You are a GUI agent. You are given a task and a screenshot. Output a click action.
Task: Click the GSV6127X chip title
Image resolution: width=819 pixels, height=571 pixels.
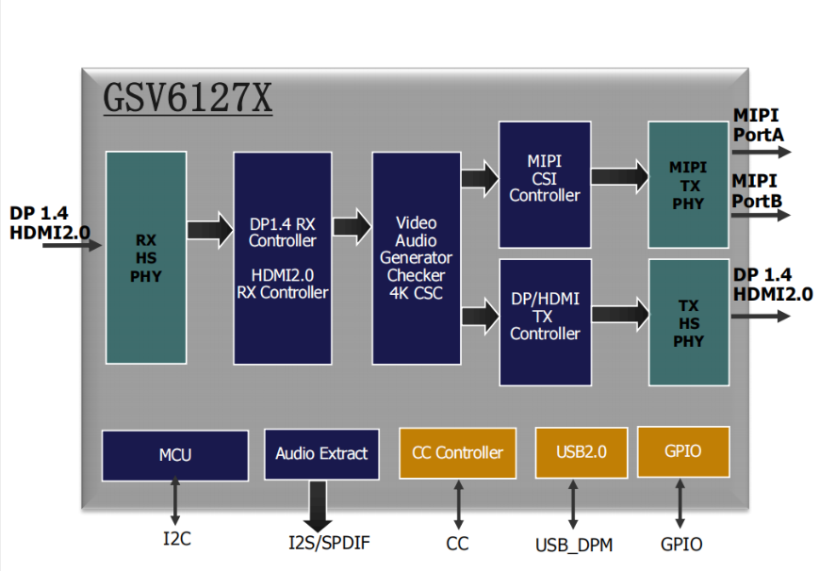point(188,98)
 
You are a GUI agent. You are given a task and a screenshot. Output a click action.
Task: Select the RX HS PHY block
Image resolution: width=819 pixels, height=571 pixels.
point(146,257)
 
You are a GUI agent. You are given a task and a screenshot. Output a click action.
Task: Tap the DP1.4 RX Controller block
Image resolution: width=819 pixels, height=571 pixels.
point(283,258)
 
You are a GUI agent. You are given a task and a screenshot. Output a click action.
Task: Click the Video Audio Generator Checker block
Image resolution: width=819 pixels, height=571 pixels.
point(417,258)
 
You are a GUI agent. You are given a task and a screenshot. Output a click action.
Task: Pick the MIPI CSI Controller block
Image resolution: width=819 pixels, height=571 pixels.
point(545,185)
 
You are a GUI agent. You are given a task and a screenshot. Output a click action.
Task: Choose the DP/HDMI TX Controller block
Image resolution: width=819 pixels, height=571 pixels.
point(546,322)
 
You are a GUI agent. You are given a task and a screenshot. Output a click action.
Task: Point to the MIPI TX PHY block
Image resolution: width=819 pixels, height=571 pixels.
point(688,185)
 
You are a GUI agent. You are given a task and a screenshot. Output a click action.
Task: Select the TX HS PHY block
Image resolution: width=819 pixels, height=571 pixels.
point(689,322)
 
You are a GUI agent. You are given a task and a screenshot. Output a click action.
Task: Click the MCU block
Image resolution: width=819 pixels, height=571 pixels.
point(175,455)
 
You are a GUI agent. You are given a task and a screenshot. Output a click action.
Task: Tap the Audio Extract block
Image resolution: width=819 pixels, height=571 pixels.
point(321,453)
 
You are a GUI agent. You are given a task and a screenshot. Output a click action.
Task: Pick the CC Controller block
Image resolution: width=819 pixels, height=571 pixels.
point(457,453)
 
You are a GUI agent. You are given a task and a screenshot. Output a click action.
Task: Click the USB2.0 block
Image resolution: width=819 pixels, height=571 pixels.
point(581,452)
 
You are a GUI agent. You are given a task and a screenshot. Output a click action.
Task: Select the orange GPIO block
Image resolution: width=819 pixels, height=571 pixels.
point(683,451)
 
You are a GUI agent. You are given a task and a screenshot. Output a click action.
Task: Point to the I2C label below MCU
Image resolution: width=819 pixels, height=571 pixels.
point(177,539)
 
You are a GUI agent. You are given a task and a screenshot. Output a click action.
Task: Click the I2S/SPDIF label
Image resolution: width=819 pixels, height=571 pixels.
point(329,543)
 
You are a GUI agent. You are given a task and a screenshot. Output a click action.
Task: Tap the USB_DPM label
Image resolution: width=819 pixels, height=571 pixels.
point(574,545)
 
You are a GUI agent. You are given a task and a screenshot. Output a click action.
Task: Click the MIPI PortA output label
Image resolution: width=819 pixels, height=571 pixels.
point(759,125)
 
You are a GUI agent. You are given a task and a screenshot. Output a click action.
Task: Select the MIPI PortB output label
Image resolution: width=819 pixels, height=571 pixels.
point(757,190)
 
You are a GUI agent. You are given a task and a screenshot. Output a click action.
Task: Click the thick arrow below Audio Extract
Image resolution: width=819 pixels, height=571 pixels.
point(318,506)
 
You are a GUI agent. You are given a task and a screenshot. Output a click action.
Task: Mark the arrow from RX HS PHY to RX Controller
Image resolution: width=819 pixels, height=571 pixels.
point(210,230)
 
